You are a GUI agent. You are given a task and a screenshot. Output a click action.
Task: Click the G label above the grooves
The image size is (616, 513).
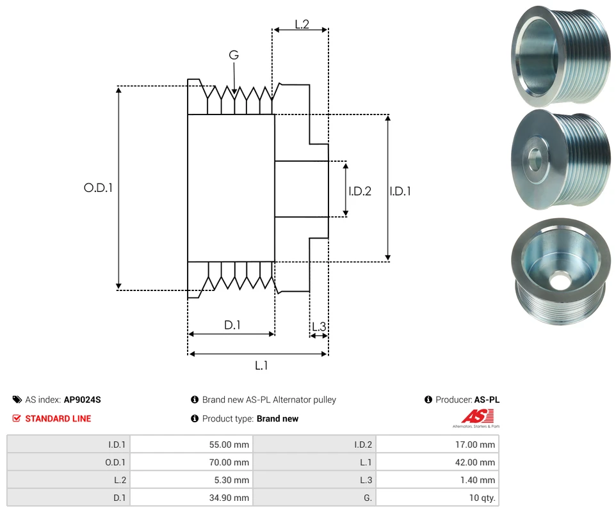(x=234, y=56)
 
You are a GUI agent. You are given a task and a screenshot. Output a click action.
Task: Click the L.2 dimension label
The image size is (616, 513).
(x=302, y=24)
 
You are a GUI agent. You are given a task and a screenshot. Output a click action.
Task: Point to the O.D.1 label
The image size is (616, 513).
(x=98, y=188)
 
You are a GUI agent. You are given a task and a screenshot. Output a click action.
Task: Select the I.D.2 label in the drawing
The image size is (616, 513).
(x=360, y=191)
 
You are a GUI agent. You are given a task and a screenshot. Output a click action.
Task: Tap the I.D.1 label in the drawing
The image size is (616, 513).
(x=400, y=191)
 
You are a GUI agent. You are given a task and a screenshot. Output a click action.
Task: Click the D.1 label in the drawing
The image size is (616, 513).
(x=232, y=325)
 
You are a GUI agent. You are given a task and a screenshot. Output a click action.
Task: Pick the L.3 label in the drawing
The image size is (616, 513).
(x=318, y=327)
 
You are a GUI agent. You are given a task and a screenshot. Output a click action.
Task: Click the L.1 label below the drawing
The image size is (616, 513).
(x=261, y=365)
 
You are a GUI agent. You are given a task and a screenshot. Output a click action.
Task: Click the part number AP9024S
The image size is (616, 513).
(x=82, y=400)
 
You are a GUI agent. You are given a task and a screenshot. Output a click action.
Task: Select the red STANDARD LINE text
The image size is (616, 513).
(x=58, y=418)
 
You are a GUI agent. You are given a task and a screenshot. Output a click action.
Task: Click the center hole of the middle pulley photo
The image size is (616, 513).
(x=534, y=158)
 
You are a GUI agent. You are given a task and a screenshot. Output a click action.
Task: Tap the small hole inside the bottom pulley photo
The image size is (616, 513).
(x=562, y=279)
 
